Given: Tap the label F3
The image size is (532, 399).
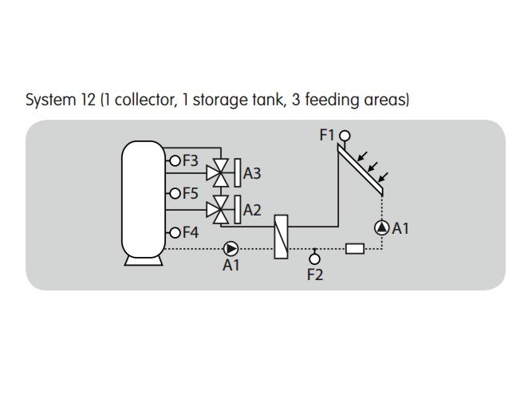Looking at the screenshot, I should coord(190,160).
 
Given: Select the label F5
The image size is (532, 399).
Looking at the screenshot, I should coord(190,193).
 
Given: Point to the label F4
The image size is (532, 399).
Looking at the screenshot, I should coord(190,232).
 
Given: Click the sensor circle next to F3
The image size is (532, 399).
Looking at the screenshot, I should coord(175,160).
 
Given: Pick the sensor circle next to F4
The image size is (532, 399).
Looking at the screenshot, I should coord(175,232).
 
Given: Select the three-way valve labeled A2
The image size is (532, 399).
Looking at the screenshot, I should coord(217,209).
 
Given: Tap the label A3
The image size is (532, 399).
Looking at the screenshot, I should coord(252,172).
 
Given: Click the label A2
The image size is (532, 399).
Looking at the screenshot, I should coord(252,210).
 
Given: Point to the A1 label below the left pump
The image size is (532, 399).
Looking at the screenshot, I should coord(231,266).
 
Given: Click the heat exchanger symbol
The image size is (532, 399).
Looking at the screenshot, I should coord(281,236).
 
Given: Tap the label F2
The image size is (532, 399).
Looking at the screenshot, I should coord(315,275).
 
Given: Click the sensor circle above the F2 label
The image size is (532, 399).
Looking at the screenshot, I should coord(315,259).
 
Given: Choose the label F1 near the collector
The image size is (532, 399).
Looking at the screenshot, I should coord(327,136).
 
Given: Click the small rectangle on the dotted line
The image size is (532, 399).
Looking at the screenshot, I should coord(355,248).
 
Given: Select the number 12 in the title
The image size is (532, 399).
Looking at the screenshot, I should coord(90,101).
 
